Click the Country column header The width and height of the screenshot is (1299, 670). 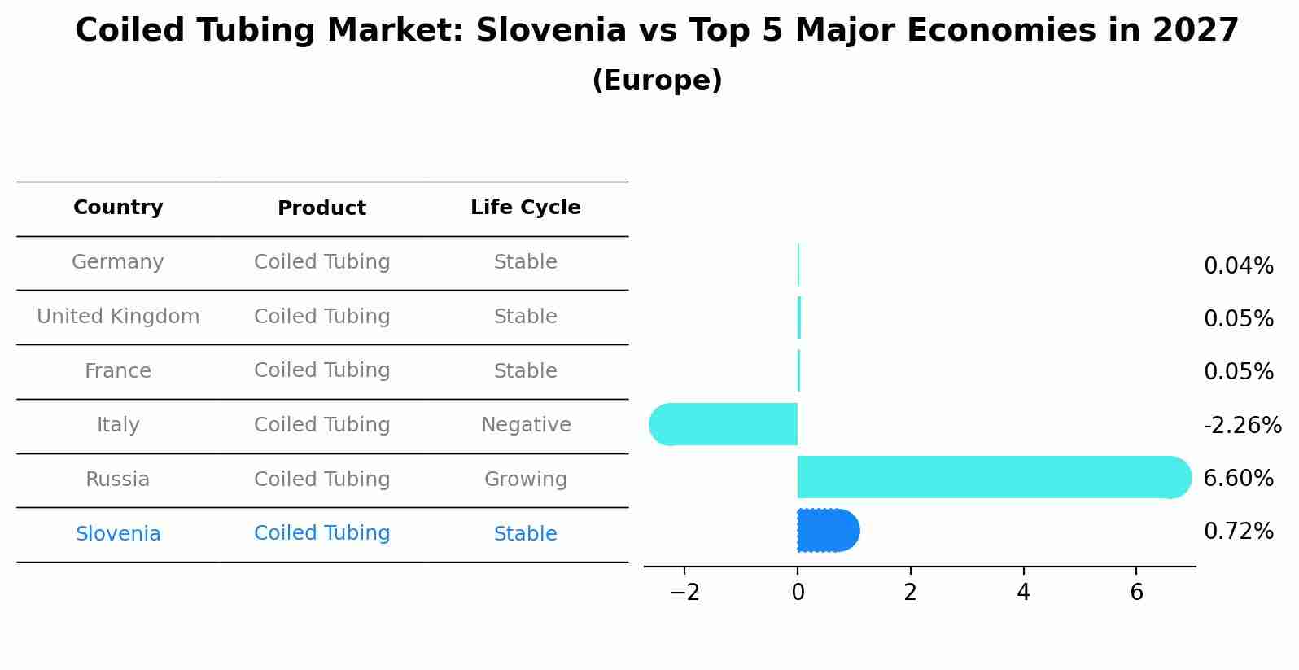(118, 208)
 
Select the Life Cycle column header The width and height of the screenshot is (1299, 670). (525, 208)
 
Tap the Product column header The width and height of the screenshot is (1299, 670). (321, 208)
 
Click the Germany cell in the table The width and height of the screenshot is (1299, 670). (118, 262)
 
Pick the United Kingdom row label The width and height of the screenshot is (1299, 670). (118, 317)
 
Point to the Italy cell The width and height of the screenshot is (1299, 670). (118, 425)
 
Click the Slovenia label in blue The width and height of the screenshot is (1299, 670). (118, 534)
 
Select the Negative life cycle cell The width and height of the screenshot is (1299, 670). (526, 425)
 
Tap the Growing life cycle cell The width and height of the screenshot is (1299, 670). (525, 480)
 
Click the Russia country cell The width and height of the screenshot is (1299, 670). (118, 480)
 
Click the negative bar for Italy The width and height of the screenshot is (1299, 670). (724, 424)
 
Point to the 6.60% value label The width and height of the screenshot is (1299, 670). (1238, 478)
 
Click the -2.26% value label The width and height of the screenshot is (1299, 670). (1242, 425)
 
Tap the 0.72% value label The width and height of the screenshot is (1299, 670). (1238, 532)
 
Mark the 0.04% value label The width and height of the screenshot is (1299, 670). (1238, 266)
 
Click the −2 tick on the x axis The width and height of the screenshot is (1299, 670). (684, 593)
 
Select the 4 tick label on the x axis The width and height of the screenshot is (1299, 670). (1023, 593)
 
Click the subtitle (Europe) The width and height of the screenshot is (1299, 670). (657, 81)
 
